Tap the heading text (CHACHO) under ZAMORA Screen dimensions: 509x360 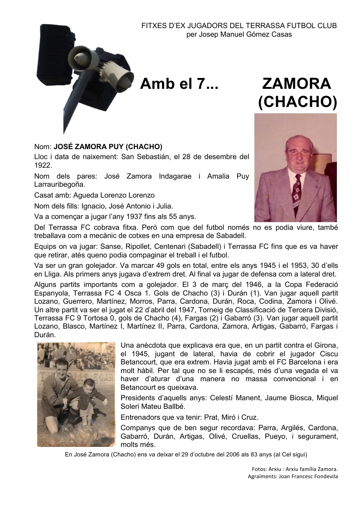tap(297, 102)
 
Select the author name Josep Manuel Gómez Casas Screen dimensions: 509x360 tap(239, 34)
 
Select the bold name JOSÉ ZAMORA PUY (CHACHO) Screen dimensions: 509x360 tap(108, 147)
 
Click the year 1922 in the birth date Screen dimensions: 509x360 tap(43, 165)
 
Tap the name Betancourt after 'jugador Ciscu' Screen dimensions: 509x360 tap(140, 362)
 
